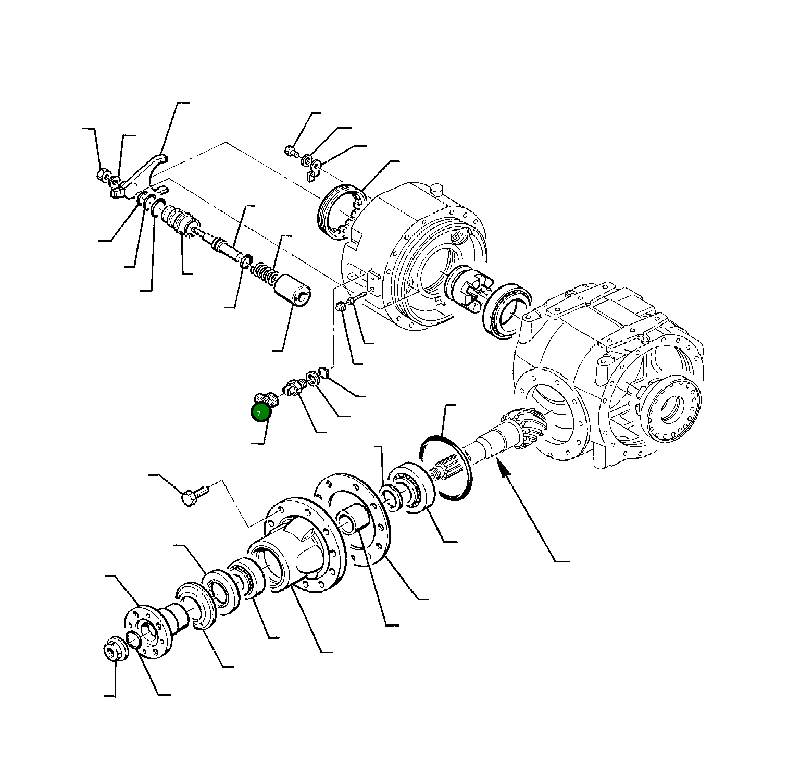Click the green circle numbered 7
coord(261,412)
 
